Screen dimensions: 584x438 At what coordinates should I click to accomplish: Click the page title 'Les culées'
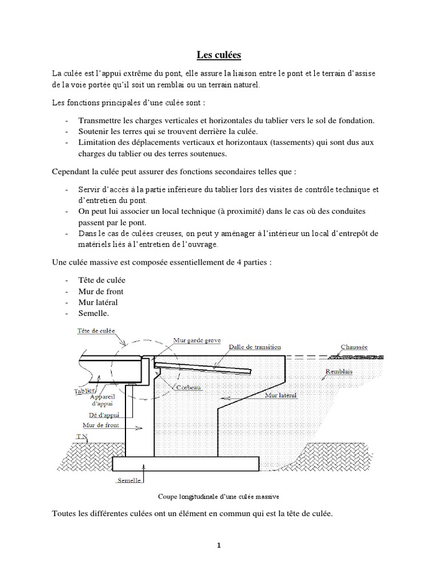pos(218,55)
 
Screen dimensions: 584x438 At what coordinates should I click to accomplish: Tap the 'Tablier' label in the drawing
pos(84,392)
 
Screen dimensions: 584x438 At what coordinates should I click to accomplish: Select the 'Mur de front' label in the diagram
pos(101,425)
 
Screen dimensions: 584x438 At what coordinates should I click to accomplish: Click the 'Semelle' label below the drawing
pos(129,480)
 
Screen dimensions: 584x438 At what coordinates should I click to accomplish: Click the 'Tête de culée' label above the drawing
pos(95,330)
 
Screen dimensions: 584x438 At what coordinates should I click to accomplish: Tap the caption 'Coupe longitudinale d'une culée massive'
pos(218,496)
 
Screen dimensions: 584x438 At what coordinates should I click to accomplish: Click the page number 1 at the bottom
pos(218,545)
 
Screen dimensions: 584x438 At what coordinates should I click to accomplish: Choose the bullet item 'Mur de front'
pos(100,291)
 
